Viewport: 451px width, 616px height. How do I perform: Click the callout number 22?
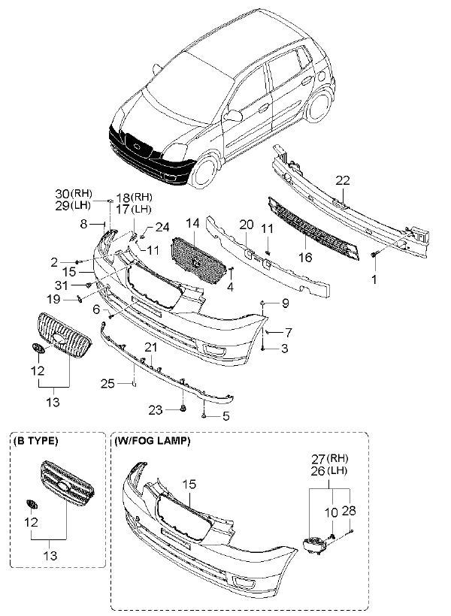[x=342, y=180]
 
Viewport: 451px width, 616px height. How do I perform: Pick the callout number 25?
[x=108, y=384]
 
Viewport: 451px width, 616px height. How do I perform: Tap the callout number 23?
[x=154, y=410]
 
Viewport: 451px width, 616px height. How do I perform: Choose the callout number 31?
[x=61, y=285]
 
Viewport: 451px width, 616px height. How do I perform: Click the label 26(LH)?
[x=328, y=471]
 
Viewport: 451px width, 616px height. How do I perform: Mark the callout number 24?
[x=162, y=227]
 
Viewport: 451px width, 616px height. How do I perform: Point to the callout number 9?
[x=285, y=303]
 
